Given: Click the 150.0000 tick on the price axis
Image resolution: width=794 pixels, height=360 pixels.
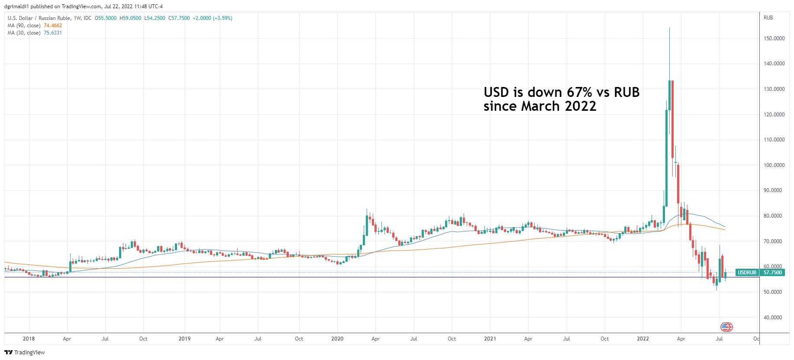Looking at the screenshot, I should [774, 39].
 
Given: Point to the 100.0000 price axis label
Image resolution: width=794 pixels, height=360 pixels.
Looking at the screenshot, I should [774, 165].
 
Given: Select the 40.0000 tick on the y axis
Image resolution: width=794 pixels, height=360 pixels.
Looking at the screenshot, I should [773, 318].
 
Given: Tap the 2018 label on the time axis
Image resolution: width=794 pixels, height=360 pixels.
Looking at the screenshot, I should [29, 339].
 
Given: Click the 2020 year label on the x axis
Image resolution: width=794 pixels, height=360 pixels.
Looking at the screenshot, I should [337, 339].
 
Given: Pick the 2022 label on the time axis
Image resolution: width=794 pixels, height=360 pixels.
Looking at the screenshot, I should [643, 339].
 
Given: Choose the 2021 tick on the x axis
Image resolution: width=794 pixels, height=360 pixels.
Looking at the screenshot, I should [490, 339].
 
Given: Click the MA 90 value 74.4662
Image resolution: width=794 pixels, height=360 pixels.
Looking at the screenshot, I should [53, 26].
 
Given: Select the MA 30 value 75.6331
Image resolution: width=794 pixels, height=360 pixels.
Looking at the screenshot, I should [53, 33].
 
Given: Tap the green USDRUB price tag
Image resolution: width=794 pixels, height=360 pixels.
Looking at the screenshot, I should [747, 273].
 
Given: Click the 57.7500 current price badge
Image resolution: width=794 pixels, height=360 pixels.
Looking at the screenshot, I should [773, 273].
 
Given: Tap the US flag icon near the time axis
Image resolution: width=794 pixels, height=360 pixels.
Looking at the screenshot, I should [726, 327].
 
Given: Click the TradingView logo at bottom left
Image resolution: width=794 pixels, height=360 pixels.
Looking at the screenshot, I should [25, 352].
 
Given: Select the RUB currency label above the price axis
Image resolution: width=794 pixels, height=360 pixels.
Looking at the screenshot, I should [768, 18].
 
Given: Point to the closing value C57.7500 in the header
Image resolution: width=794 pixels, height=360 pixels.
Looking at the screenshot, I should [179, 18].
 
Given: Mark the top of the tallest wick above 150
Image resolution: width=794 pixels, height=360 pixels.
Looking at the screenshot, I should [669, 28].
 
